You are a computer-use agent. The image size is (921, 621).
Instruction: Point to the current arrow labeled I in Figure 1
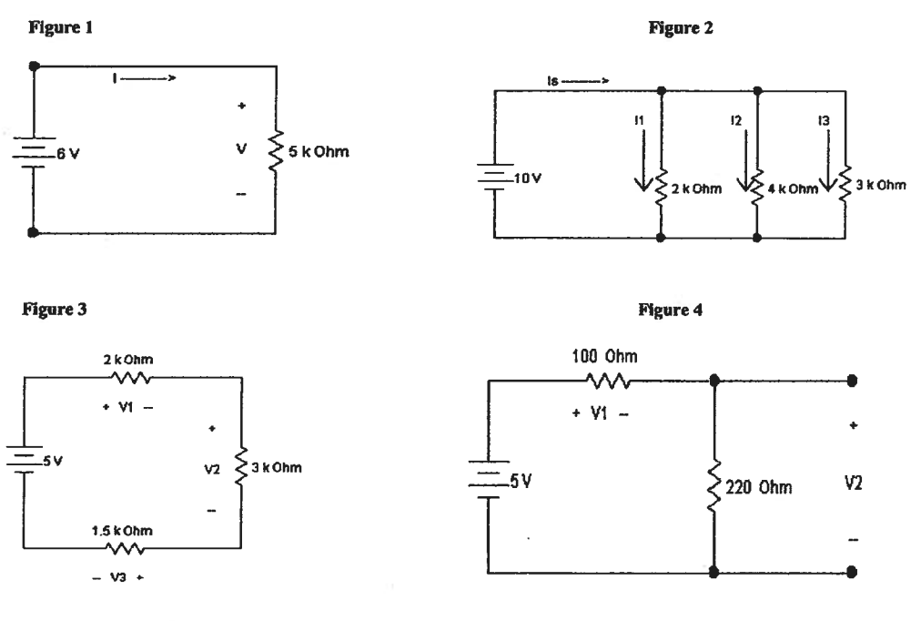click(142, 78)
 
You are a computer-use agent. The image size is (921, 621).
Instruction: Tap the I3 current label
click(825, 118)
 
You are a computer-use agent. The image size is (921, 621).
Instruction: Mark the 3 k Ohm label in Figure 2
click(881, 186)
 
